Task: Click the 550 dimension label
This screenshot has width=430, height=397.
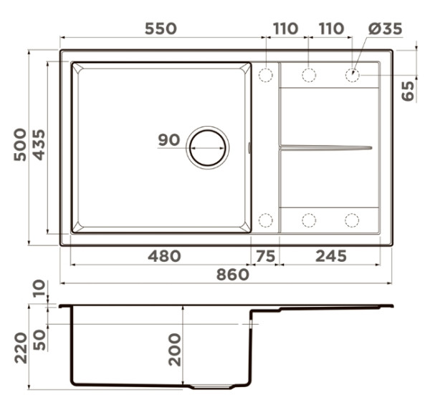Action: coord(161,29)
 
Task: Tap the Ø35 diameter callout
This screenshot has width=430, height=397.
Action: coord(385,29)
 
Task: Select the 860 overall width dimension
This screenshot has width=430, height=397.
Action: coord(233,275)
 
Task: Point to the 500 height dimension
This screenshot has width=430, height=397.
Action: coord(20,144)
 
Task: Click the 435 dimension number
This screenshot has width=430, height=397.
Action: coord(39,144)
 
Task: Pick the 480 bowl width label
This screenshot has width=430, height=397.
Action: coord(164,256)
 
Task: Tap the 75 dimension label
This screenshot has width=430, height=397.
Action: coord(265,256)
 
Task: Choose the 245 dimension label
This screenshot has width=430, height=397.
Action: coord(331,256)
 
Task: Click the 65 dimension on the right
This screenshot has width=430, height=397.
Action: coord(408,91)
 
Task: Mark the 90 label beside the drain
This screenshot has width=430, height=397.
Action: coord(169,139)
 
